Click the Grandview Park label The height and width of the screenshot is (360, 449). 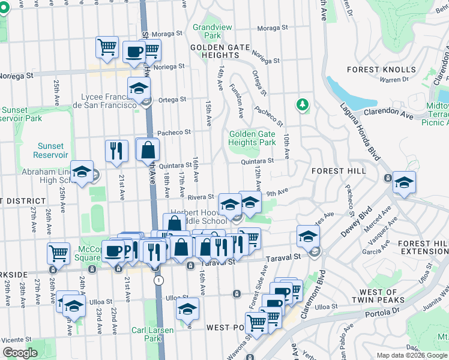tap(207, 31)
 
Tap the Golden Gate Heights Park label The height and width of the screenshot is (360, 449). tap(252, 138)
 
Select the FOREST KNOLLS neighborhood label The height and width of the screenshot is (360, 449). tap(381, 70)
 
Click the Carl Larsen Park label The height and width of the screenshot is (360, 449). tap(153, 334)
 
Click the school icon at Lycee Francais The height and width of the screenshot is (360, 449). tap(139, 89)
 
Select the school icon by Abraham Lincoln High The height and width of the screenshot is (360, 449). tap(82, 172)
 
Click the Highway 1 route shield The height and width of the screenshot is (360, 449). tap(158, 280)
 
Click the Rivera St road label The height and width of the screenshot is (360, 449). tap(201, 196)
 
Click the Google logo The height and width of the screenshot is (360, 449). tap(20, 353)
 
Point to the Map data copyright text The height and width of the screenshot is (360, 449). tap(411, 355)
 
